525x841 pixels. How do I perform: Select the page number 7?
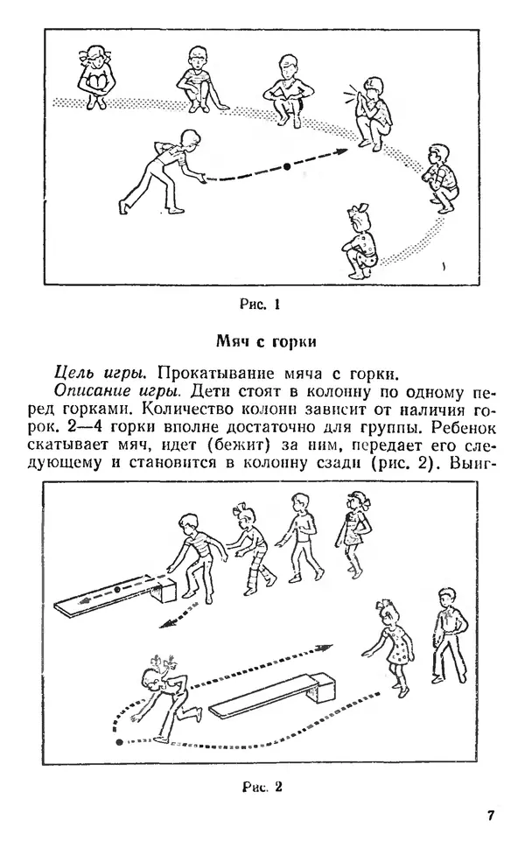click(491, 816)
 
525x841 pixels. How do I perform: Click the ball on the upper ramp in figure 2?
click(117, 592)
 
